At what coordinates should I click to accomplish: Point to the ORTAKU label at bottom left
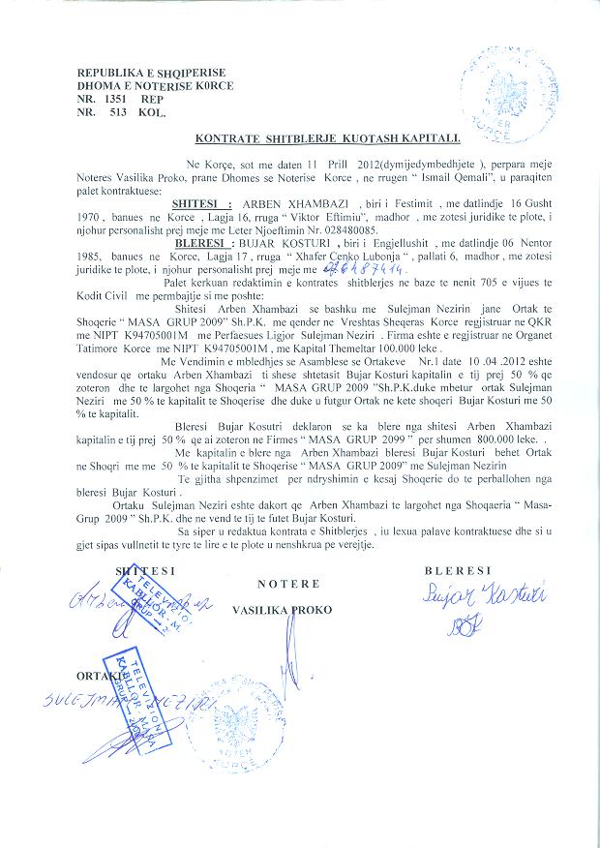point(100,671)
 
